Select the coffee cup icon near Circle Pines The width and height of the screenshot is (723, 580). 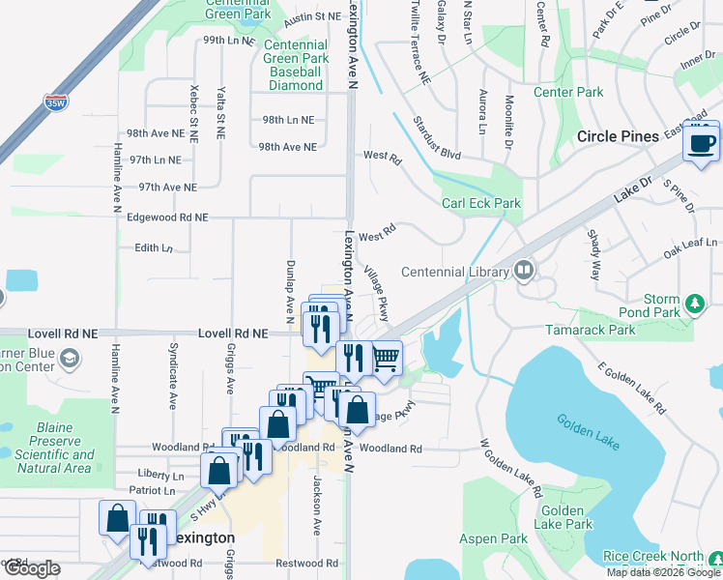(702, 144)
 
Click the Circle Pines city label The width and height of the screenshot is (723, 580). (618, 137)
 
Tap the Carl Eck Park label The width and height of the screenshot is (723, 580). (481, 204)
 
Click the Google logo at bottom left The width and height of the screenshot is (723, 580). (32, 568)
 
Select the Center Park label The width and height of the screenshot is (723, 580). (568, 93)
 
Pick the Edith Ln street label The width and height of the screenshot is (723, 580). (153, 248)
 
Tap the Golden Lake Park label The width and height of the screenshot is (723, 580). (566, 517)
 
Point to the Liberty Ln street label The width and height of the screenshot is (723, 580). (160, 476)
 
